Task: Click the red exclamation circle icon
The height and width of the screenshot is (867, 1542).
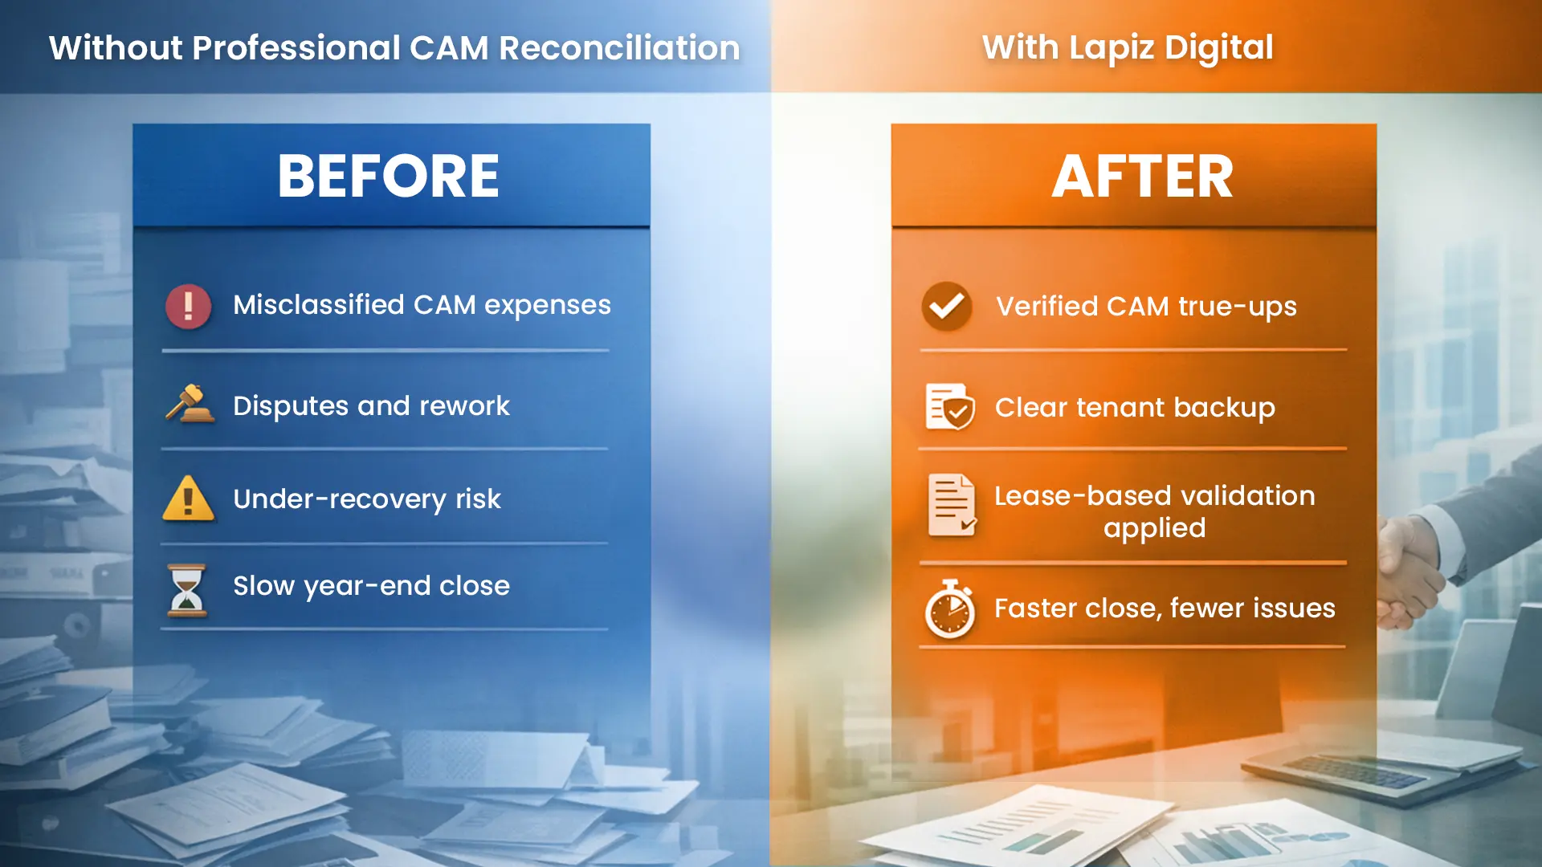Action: (188, 306)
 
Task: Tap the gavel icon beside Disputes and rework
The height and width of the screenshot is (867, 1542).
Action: (190, 404)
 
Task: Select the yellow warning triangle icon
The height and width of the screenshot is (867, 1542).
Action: (188, 499)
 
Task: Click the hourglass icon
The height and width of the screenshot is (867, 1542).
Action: (187, 590)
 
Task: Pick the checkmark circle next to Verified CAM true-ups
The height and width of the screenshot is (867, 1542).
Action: (947, 306)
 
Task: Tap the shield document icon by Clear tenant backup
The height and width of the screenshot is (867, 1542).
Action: (949, 406)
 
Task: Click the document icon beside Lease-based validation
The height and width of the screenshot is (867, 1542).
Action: (952, 505)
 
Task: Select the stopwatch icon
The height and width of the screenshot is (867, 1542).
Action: (950, 610)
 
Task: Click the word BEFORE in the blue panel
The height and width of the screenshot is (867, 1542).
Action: (389, 177)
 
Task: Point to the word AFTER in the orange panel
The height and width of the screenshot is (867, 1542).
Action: (1142, 177)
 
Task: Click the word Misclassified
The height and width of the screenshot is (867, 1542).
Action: (318, 305)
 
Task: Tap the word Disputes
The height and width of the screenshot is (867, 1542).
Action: (291, 406)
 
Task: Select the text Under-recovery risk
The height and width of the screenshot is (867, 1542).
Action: (367, 499)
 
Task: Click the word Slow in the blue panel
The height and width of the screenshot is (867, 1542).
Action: (263, 586)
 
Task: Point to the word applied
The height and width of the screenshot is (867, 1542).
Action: (1154, 529)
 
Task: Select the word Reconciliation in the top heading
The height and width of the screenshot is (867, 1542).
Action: (619, 48)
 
